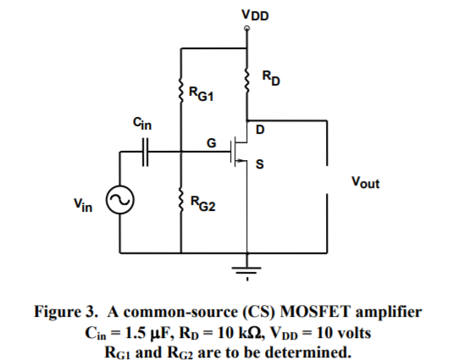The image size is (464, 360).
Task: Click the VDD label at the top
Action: [x=246, y=13]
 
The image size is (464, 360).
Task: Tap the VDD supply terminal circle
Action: [x=246, y=28]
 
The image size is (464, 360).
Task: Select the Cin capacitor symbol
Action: [x=146, y=154]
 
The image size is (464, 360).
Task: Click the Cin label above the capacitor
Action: [x=143, y=125]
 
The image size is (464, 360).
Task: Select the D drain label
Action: [x=259, y=130]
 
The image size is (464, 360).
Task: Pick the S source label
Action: [x=259, y=166]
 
